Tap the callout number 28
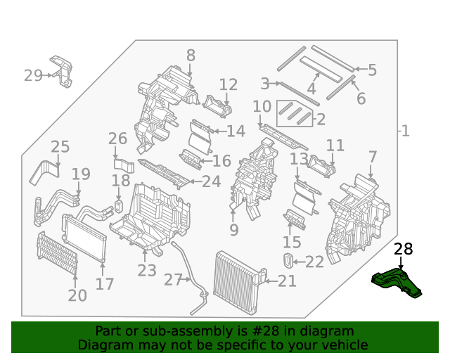[x=404, y=249]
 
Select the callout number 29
[x=33, y=75]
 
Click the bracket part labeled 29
[x=63, y=72]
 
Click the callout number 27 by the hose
[x=173, y=280]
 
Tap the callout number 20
[x=77, y=296]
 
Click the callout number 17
[x=105, y=285]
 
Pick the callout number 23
[x=147, y=271]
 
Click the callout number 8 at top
[x=191, y=55]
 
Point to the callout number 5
[x=372, y=70]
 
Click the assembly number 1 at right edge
[x=405, y=131]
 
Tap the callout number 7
[x=372, y=157]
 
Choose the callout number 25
[x=60, y=147]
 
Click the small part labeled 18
[x=119, y=205]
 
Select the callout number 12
[x=229, y=85]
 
